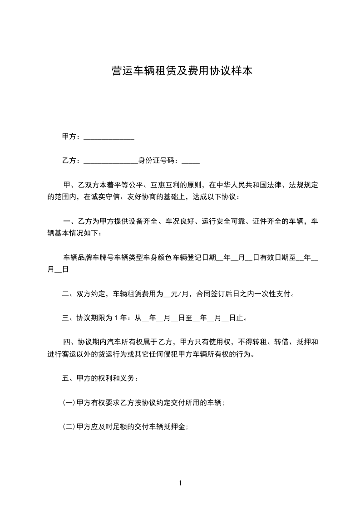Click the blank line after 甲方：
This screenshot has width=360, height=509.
click(x=109, y=137)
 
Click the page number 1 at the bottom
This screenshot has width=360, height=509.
click(x=180, y=483)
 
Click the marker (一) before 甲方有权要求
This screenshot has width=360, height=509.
click(x=69, y=402)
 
